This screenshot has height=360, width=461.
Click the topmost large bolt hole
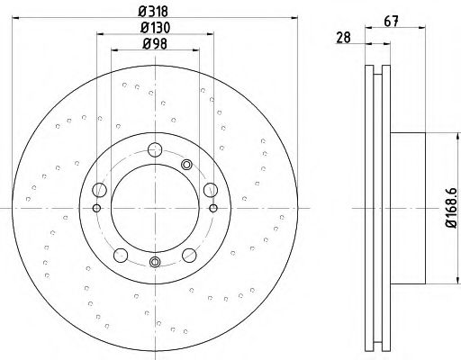tap(155, 150)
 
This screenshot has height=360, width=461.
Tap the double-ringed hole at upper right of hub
tap(187, 164)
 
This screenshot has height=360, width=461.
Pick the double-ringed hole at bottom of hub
tap(155, 262)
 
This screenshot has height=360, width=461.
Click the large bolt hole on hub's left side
tap(100, 189)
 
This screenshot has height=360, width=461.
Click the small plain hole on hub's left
tap(97, 209)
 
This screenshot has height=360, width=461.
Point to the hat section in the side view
tap(410, 206)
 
